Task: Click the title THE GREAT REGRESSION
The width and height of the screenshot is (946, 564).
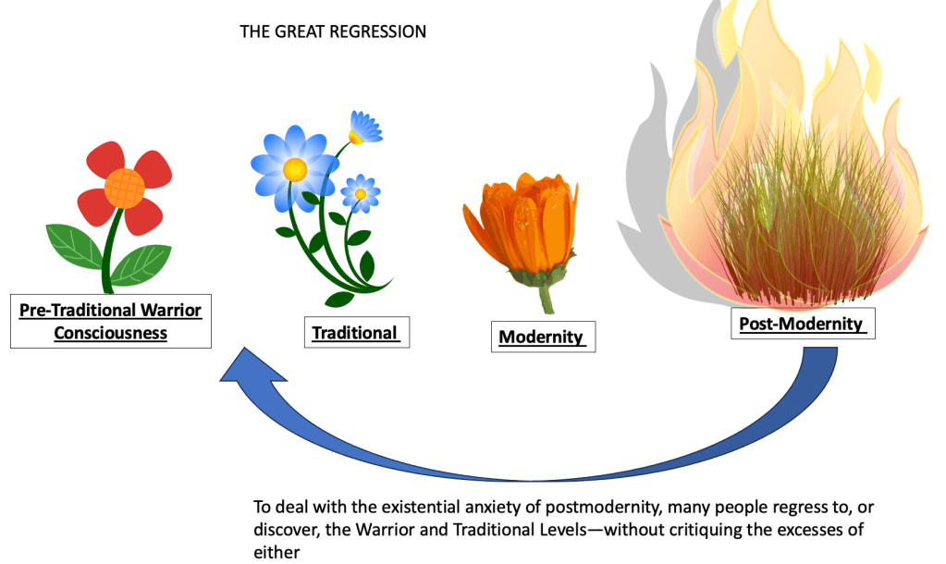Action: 333,31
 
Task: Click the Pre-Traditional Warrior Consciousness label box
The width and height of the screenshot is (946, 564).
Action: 111,321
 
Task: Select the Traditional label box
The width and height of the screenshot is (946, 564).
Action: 356,333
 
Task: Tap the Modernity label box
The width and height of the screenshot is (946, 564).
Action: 542,337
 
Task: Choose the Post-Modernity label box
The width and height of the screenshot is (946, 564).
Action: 801,325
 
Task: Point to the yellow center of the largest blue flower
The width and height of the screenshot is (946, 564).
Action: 295,169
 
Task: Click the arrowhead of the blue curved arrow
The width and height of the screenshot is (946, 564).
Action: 239,370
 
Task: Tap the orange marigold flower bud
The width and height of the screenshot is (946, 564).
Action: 520,226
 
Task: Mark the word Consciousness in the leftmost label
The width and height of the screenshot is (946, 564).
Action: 111,333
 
